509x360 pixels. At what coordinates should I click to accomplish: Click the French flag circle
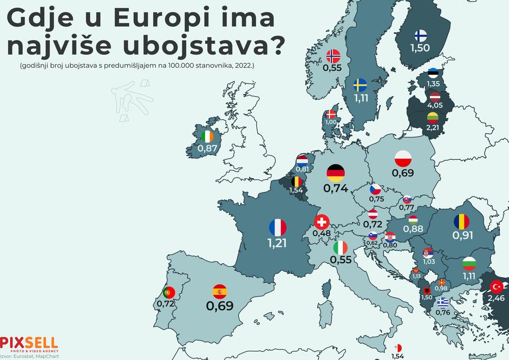point(277,227)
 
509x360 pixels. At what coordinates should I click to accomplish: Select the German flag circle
point(336,173)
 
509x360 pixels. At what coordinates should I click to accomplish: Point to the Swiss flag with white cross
point(322,222)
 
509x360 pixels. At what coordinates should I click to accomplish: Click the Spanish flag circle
point(219,292)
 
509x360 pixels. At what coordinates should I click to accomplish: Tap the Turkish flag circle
point(497,286)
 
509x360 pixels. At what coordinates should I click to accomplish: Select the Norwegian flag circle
point(333,56)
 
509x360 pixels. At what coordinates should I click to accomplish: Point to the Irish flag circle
point(207,137)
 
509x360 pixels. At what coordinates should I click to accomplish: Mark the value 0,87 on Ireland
point(207,148)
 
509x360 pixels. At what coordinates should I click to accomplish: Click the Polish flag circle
point(403,159)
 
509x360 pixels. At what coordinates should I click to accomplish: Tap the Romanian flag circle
point(463,221)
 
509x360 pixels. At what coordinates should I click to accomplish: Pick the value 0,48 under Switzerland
point(322,233)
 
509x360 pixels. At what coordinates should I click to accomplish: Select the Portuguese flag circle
point(167,292)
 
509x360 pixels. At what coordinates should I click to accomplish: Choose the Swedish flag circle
point(361,86)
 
